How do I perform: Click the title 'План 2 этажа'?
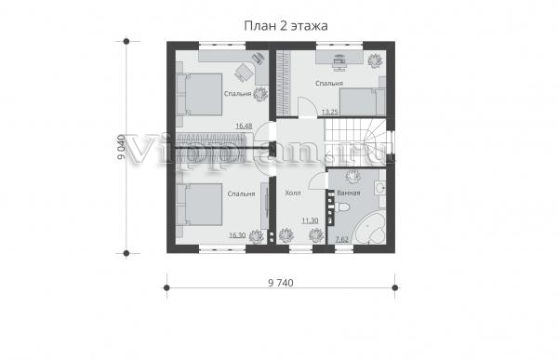click(x=286, y=26)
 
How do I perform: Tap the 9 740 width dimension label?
click(x=281, y=283)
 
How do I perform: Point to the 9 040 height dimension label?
click(x=121, y=147)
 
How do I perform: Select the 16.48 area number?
click(x=244, y=126)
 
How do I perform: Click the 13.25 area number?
click(x=329, y=113)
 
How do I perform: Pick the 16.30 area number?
click(x=237, y=235)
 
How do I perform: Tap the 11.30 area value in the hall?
click(x=310, y=220)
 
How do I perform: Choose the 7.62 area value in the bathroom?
click(x=342, y=239)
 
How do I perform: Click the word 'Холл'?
click(x=293, y=193)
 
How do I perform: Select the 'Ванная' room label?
click(x=349, y=193)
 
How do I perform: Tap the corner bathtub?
click(x=371, y=229)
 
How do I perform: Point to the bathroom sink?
click(x=380, y=188)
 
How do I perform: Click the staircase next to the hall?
click(x=355, y=142)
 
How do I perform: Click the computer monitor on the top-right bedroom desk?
click(x=339, y=60)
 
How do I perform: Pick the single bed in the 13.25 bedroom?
click(x=363, y=101)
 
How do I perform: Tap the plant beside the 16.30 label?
click(x=257, y=237)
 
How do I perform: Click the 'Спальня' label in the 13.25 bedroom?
click(x=329, y=84)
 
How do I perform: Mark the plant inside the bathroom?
click(x=353, y=176)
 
